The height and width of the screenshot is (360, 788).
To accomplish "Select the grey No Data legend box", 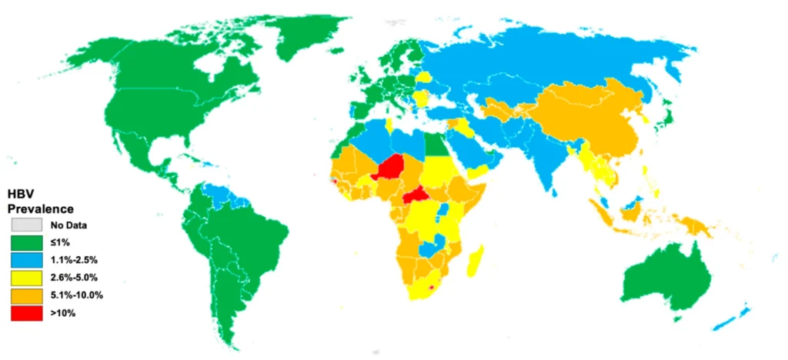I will tap(26, 225).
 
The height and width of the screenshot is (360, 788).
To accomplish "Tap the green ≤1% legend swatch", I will tap(26, 243).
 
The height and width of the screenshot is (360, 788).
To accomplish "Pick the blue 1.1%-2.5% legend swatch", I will tap(26, 261).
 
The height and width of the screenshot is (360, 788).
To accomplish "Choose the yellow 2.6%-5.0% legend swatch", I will tap(26, 278).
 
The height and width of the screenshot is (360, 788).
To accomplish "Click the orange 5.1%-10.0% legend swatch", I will tap(26, 296).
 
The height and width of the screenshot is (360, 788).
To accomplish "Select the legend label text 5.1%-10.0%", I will tap(77, 295).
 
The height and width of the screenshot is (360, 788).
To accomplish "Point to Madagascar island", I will tap(475, 260).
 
